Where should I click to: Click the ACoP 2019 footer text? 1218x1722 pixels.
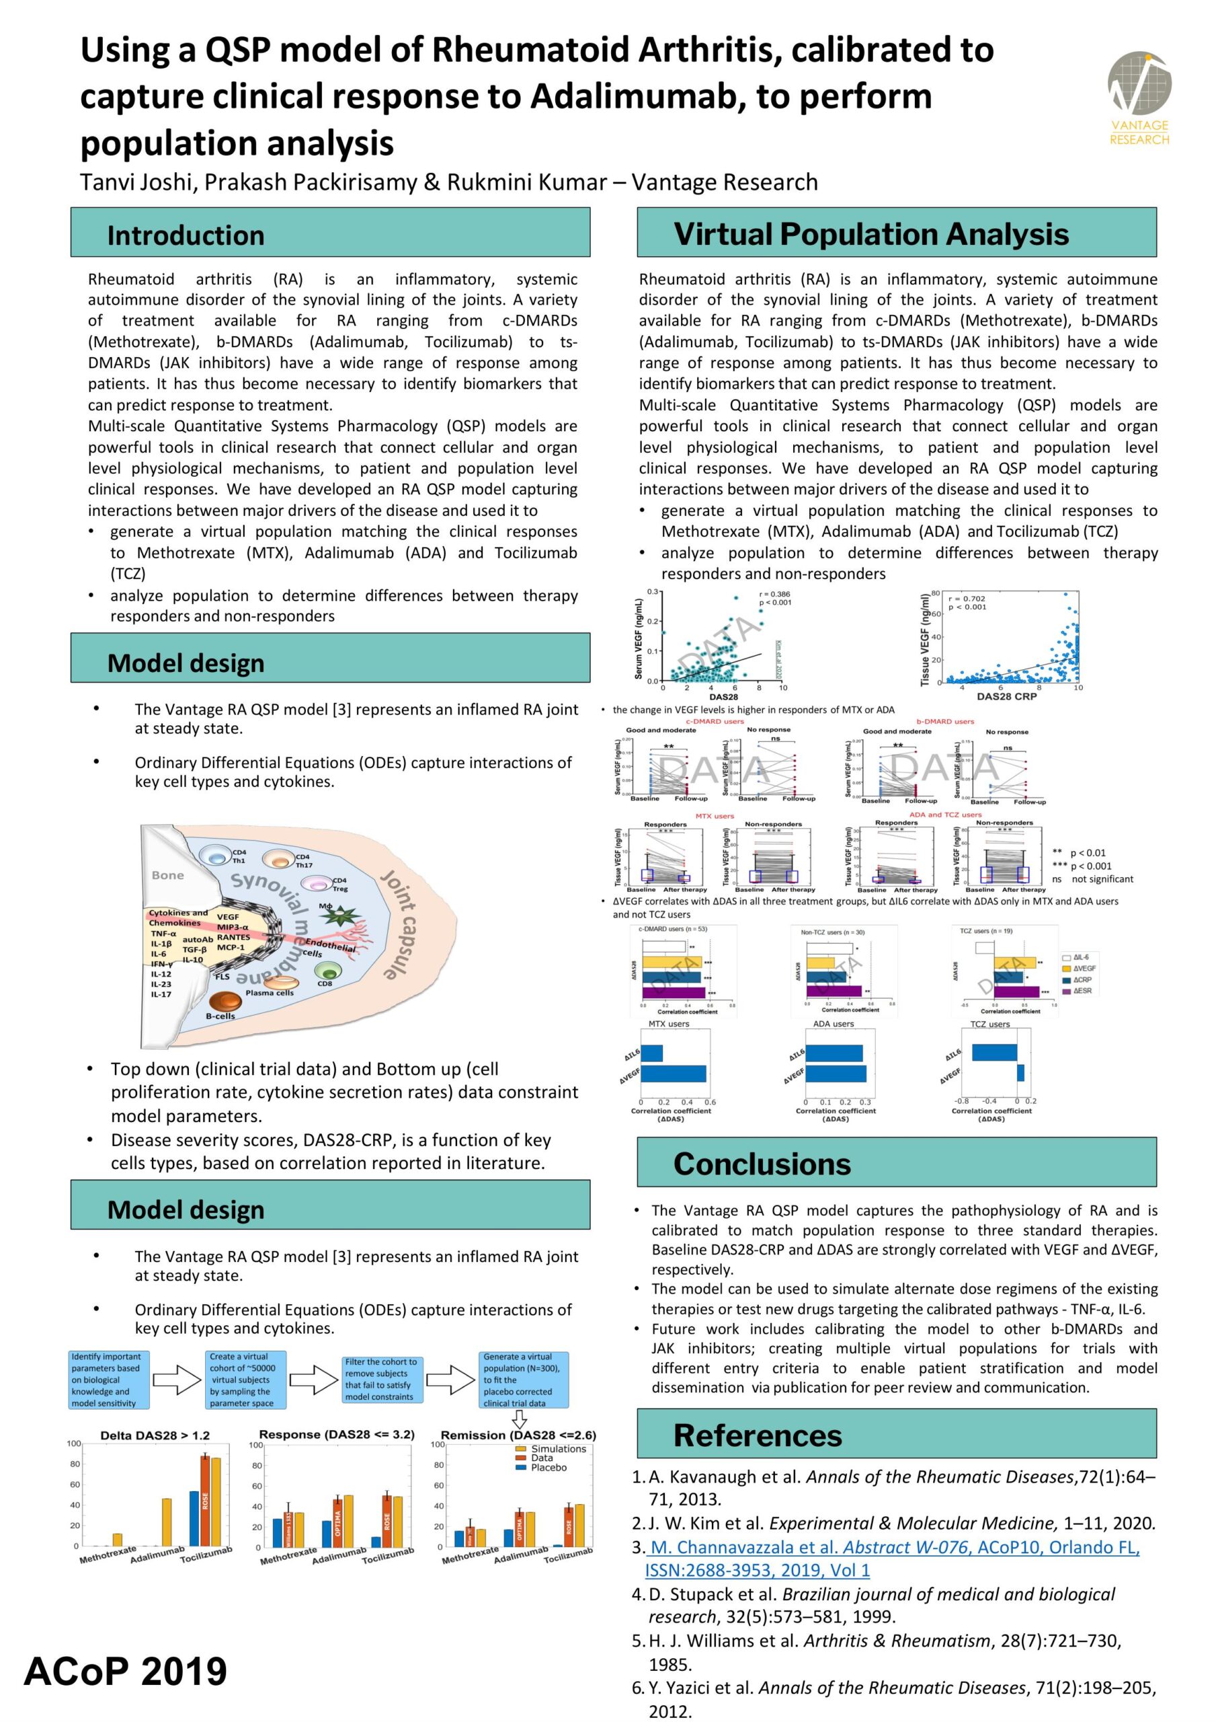[x=125, y=1671]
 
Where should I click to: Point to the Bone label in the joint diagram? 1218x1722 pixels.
[x=167, y=875]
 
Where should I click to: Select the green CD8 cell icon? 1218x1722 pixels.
[x=325, y=972]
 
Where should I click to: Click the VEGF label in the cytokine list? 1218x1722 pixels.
[x=228, y=917]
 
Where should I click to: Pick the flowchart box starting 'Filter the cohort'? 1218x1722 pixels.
[x=381, y=1379]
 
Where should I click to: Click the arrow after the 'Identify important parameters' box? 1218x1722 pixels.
[x=177, y=1379]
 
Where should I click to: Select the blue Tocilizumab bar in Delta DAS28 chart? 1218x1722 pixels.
[x=194, y=1518]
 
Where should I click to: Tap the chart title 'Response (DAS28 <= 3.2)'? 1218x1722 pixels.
[x=336, y=1435]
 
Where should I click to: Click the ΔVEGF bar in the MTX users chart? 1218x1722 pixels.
[x=673, y=1074]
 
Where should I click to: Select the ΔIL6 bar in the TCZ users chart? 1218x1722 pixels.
[x=993, y=1053]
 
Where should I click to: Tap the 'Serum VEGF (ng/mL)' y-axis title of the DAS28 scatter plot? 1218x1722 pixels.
[x=639, y=638]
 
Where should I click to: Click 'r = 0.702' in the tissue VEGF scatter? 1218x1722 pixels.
[x=967, y=599]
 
